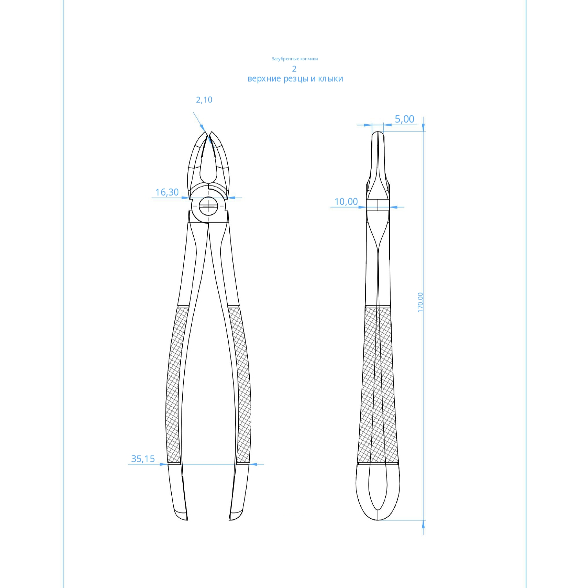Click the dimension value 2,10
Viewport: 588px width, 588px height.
pos(204,100)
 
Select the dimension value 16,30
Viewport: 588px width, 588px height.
pos(167,192)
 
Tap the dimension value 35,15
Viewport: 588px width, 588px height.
pos(143,459)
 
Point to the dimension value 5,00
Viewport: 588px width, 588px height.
pos(405,119)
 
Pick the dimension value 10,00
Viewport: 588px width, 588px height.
pos(346,202)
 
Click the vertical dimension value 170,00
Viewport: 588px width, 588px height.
pos(420,302)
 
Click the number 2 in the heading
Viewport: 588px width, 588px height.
pos(294,69)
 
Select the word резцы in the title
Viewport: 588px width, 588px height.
pos(296,79)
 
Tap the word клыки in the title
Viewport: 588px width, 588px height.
pos(330,79)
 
